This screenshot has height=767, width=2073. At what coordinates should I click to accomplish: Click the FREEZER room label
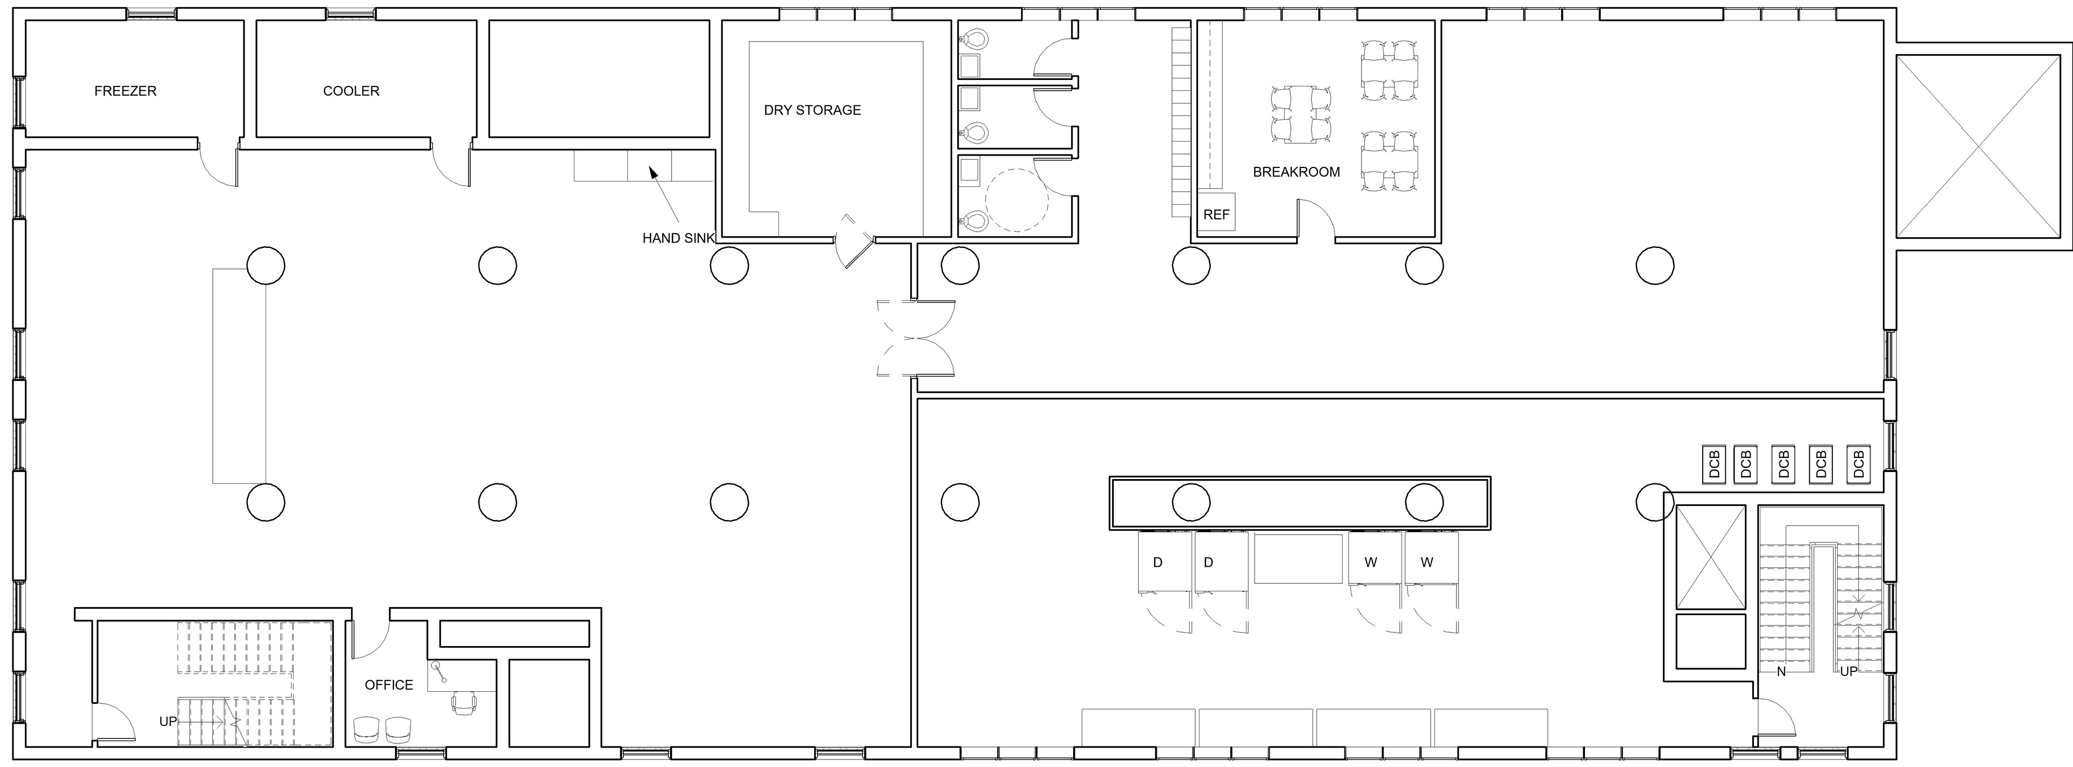[126, 91]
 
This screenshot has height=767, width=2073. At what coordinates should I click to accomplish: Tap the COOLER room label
[351, 91]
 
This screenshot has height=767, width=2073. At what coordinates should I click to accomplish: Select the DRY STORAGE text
[812, 110]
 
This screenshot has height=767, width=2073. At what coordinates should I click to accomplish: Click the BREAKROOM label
[1296, 171]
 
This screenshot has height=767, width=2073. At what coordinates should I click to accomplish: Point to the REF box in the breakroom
[1216, 213]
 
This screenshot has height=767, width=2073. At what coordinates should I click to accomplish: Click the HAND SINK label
[678, 238]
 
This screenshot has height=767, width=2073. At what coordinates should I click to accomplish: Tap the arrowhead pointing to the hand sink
[653, 171]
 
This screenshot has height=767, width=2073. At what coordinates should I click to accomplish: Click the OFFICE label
[389, 685]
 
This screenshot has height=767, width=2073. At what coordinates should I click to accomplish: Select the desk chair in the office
[464, 703]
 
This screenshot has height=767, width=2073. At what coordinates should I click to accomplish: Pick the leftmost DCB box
[1714, 465]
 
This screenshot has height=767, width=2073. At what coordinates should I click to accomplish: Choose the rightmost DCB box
[1858, 465]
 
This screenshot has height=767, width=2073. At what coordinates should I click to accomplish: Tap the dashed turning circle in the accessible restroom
[1017, 200]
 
